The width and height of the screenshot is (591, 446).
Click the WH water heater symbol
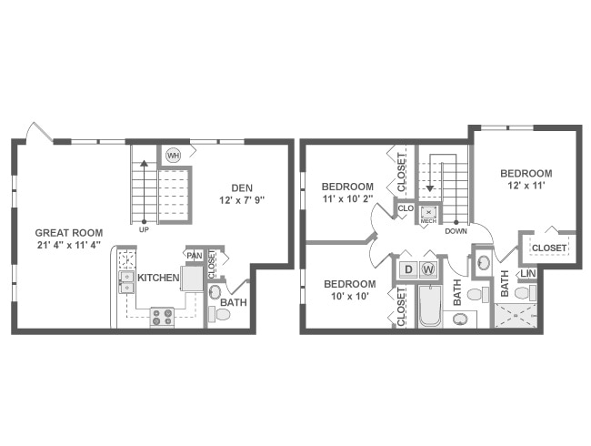click(173, 156)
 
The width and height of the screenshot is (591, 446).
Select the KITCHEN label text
click(158, 278)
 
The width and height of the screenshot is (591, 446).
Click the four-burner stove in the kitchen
click(163, 317)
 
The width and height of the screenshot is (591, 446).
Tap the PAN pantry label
click(194, 257)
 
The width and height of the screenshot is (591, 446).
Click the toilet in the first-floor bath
click(219, 311)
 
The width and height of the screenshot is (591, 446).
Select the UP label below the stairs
click(144, 229)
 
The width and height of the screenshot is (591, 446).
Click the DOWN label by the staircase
click(456, 230)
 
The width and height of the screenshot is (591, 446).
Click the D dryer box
click(408, 269)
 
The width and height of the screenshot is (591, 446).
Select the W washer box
click(428, 269)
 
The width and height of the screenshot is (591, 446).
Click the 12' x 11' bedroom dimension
click(526, 187)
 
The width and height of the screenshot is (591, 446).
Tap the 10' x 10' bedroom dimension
click(349, 297)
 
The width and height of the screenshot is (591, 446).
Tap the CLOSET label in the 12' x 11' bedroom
click(549, 248)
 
